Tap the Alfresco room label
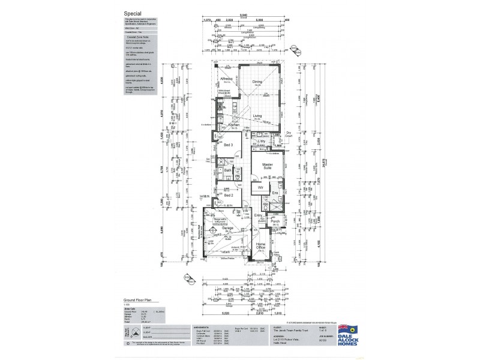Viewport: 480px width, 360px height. pos(226,78)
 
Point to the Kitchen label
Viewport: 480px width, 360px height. pos(234,125)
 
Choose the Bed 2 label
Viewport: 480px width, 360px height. pos(228,195)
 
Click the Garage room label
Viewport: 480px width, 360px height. pos(227,229)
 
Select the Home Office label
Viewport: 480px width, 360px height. pos(261,246)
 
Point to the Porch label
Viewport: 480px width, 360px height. pos(275,221)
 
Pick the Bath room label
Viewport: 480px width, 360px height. pos(228,170)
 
